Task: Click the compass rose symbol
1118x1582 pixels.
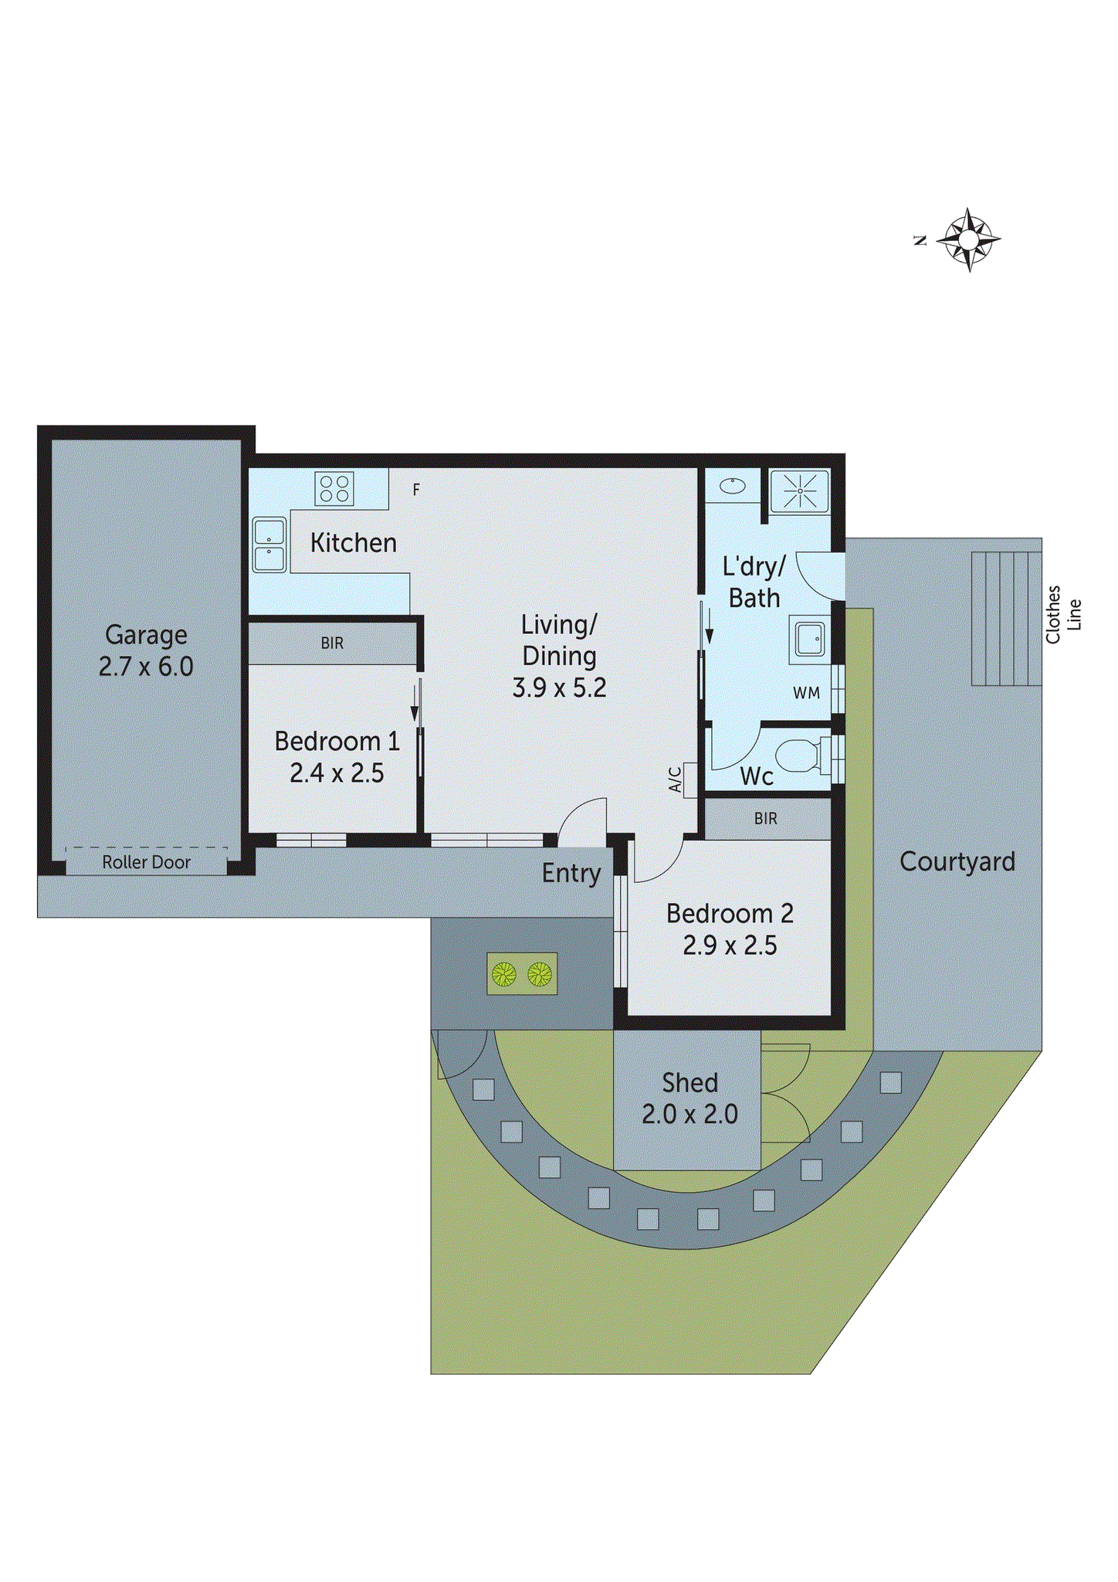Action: (968, 239)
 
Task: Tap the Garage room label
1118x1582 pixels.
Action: (146, 635)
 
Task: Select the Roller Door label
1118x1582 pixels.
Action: (146, 862)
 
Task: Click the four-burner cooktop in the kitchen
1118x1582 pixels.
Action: (334, 489)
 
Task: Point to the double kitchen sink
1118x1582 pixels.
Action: (269, 545)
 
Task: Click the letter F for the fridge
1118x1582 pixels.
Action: (416, 490)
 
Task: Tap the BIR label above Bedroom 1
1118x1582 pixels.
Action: (332, 643)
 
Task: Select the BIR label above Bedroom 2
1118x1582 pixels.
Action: (766, 818)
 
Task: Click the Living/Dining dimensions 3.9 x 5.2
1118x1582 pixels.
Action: (559, 687)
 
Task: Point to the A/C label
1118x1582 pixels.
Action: (675, 779)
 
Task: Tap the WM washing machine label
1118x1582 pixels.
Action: (806, 693)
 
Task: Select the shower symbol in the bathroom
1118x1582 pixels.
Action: (800, 491)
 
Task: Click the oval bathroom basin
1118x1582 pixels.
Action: (732, 486)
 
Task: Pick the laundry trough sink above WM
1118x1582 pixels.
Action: (809, 640)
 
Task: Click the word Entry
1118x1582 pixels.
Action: (571, 873)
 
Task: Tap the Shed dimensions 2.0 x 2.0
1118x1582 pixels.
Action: (689, 1114)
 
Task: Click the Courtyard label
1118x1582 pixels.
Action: (957, 861)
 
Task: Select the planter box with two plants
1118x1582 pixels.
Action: (522, 974)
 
